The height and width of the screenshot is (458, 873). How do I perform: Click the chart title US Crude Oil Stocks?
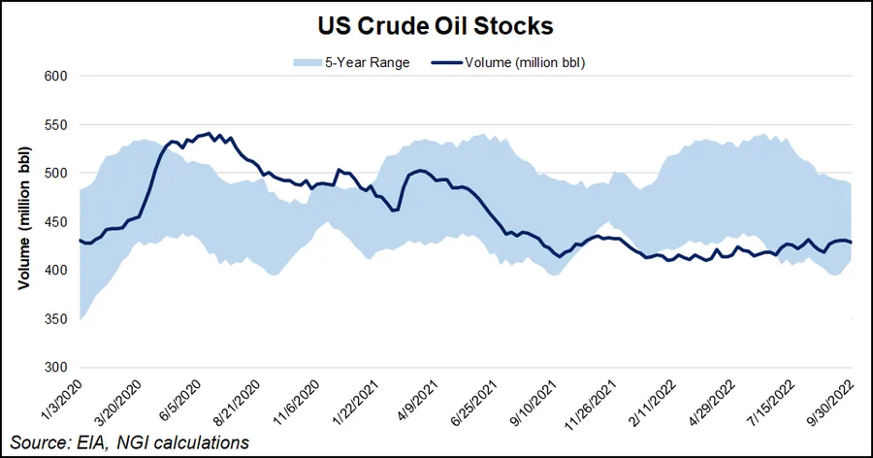point(436,23)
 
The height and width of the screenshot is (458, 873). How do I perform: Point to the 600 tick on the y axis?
point(54,77)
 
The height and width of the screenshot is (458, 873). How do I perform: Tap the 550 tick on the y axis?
point(54,125)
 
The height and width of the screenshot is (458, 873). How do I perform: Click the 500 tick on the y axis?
point(54,174)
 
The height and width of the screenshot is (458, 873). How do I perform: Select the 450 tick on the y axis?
point(54,222)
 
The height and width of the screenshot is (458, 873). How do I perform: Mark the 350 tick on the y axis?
point(54,319)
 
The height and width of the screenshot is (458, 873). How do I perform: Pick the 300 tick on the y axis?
point(54,368)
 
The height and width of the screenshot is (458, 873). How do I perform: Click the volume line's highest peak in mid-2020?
point(209,134)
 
